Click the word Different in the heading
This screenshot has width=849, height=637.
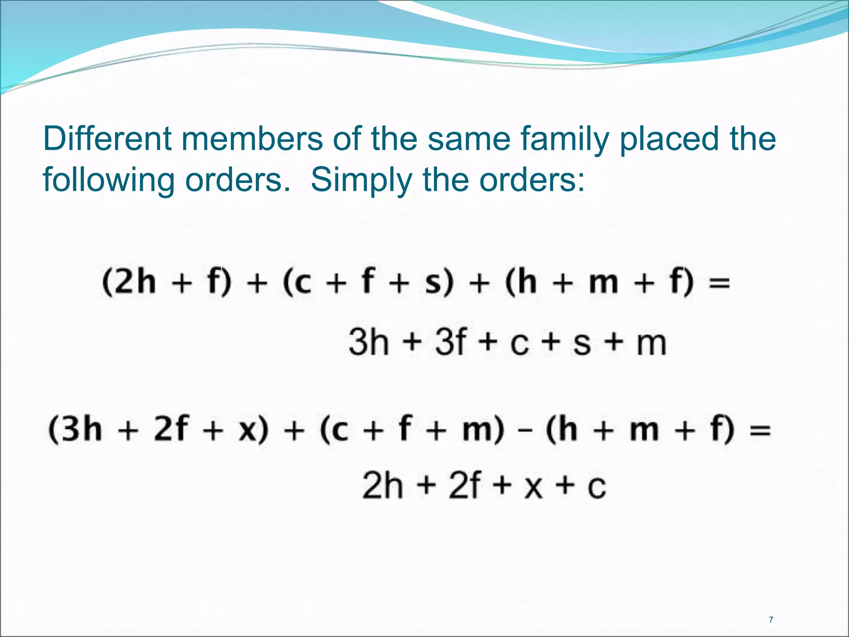pos(107,139)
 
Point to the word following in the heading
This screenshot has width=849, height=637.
pos(109,181)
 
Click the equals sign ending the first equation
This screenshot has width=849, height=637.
pos(719,284)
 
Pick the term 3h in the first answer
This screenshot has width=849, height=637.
pos(369,343)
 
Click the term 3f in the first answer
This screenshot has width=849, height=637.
pos(451,343)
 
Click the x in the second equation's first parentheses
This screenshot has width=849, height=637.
pos(248,430)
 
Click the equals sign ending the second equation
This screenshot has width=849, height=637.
pos(760,430)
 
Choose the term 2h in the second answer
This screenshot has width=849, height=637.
pos(382,486)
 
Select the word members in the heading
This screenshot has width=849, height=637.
pos(252,139)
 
